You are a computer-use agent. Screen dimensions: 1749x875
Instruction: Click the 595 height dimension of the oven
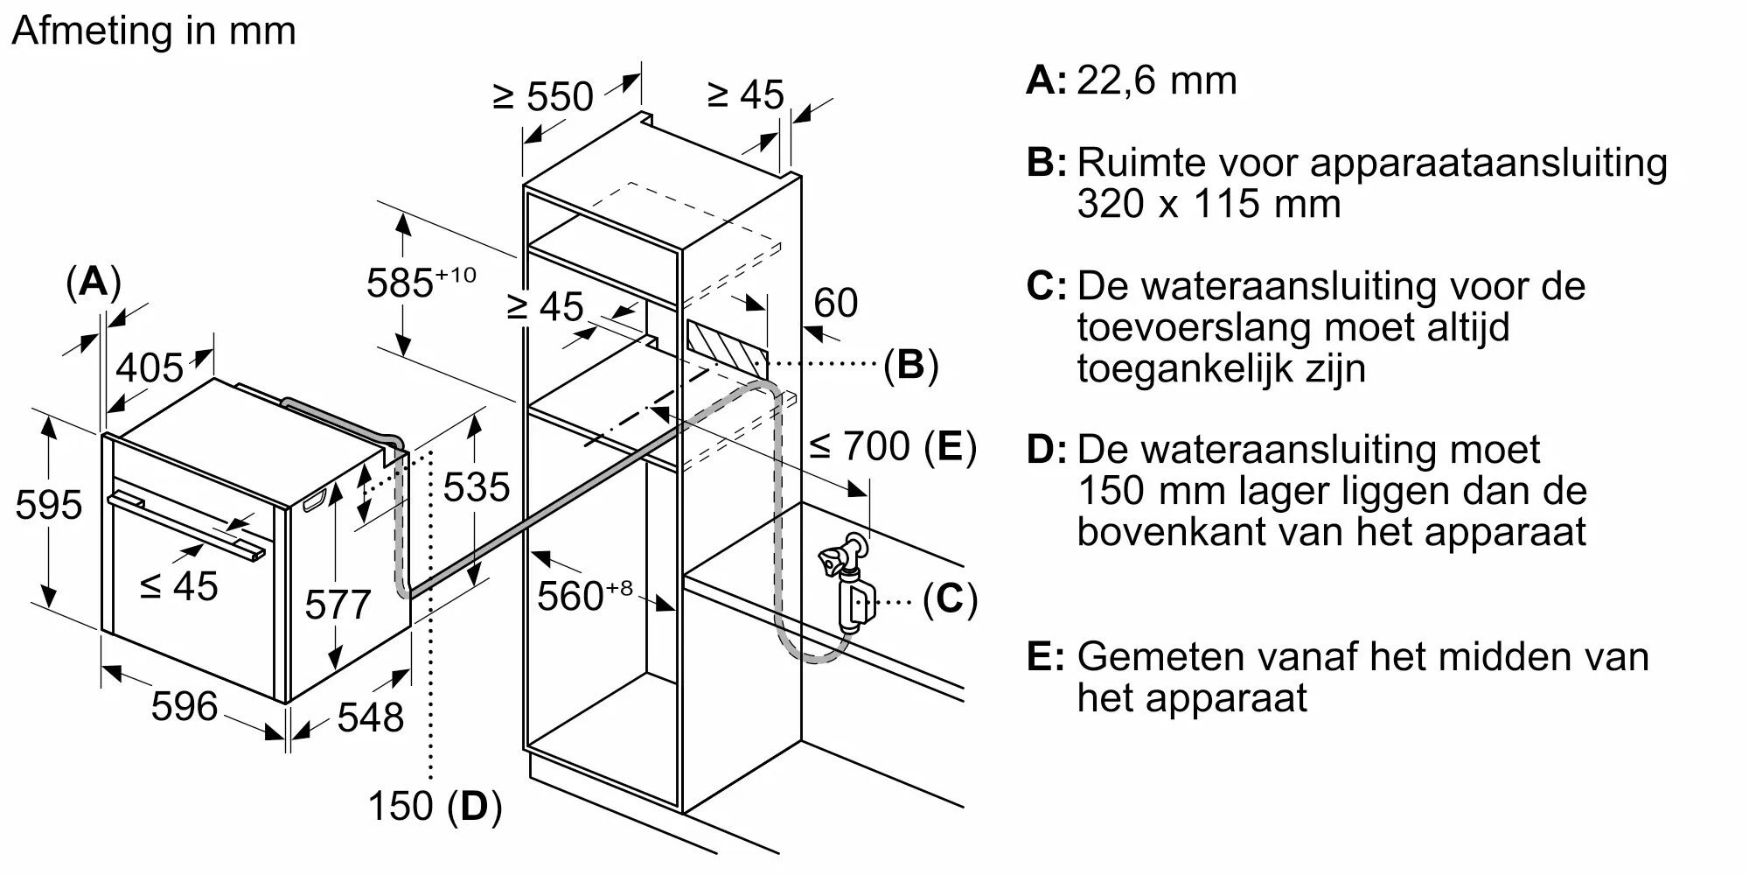click(x=49, y=505)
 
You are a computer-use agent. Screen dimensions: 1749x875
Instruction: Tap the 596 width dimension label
click(x=185, y=706)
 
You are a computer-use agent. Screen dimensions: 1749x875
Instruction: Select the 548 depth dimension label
click(x=371, y=717)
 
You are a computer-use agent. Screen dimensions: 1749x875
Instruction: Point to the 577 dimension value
click(x=338, y=605)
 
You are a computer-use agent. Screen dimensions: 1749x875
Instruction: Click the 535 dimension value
click(x=476, y=487)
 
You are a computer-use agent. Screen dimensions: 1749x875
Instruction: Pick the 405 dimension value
click(x=150, y=367)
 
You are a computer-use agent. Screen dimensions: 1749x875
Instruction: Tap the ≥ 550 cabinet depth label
click(x=543, y=96)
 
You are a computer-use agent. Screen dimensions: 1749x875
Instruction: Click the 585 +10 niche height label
click(x=421, y=282)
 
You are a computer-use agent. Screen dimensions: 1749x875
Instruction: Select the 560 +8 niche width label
click(x=584, y=595)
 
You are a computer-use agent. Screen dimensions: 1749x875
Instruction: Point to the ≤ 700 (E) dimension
click(x=893, y=446)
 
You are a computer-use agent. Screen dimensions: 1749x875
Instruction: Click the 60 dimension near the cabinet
click(x=836, y=303)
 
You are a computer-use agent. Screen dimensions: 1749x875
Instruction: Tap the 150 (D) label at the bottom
click(x=435, y=806)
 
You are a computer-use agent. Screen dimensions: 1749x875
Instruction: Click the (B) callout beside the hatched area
click(x=910, y=364)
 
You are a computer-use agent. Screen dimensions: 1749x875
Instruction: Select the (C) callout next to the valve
click(x=950, y=599)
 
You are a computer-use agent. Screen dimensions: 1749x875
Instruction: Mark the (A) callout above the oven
click(x=94, y=283)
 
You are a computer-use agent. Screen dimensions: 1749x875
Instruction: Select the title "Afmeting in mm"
click(x=154, y=31)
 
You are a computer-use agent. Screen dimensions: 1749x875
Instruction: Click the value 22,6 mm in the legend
click(x=1157, y=80)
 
